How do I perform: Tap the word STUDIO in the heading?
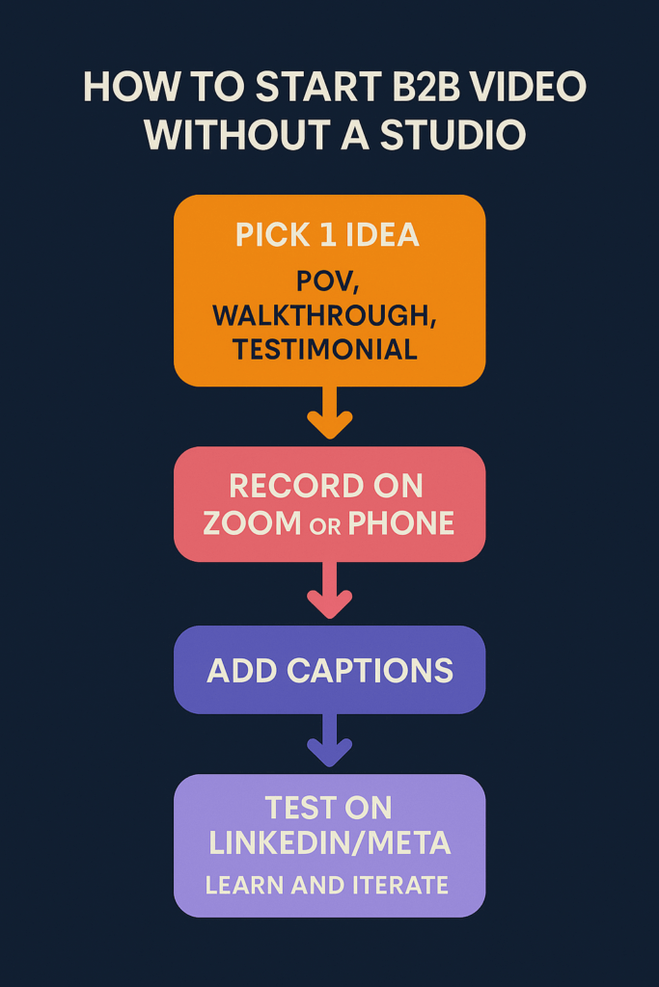coord(453,135)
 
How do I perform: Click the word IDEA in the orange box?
coord(382,235)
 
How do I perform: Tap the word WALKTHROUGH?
coord(324,316)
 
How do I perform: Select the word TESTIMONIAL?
coord(325,349)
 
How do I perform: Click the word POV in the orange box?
coord(327,281)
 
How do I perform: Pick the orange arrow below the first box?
coord(330,413)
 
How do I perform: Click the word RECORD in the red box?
coord(295,486)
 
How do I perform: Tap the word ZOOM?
coord(252,523)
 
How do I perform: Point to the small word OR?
coord(325,526)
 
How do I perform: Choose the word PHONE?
coord(401,523)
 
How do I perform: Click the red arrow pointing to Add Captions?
coord(330,590)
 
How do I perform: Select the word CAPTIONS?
coord(370,671)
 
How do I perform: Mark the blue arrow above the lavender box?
coord(330,739)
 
